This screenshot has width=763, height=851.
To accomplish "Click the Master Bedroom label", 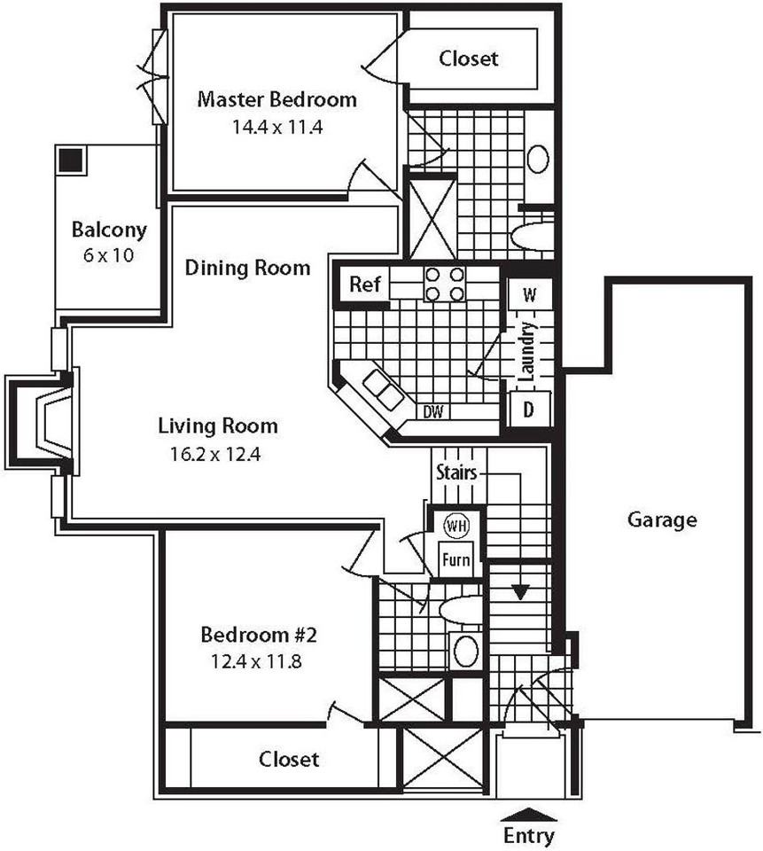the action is pos(276,99).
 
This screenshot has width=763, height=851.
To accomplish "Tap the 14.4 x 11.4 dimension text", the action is pos(277,127).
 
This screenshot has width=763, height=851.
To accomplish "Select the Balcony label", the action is pos(109,230).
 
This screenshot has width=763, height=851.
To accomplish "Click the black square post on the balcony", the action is pos(71,160).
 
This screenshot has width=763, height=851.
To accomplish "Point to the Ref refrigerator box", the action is pos(365,284).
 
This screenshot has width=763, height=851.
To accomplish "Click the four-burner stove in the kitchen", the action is pos(445,284).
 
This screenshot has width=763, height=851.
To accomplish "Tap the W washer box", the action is pos(530,294).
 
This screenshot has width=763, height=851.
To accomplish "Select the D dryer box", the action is pos(529,410).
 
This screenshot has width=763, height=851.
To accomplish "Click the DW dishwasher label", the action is pos(433,412).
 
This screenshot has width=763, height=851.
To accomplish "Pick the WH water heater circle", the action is pos(455,526).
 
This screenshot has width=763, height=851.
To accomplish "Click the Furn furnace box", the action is pos(455,559).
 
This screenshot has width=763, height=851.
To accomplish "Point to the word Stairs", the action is pos(456,472).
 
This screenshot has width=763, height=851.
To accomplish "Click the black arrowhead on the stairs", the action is pos(520,591).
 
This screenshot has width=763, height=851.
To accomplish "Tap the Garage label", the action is pos(662,519).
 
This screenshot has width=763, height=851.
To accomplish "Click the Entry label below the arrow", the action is pos(528,836).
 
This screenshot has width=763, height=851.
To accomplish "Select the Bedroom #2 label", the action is pos(258,634).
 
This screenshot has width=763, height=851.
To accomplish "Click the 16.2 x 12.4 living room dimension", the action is pos(215,454).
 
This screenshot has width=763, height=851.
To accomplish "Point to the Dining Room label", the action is pos(247,268).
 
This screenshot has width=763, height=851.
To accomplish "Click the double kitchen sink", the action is pos(384,389).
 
